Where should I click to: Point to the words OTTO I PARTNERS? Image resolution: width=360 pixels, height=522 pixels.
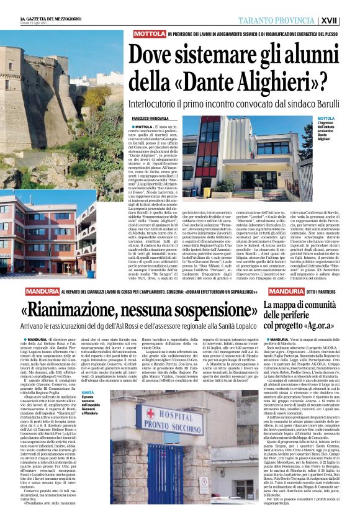323,291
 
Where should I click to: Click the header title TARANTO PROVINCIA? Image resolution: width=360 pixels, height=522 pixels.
292,19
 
